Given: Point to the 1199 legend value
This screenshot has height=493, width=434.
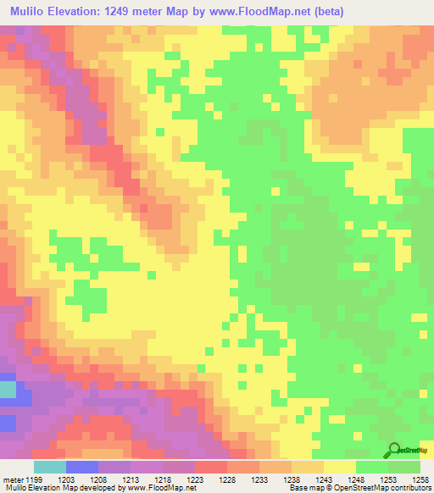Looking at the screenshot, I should click(33, 480).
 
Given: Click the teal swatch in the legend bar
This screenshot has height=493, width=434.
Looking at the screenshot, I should click(49, 467).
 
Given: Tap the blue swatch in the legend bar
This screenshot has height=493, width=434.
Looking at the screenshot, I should click(81, 467).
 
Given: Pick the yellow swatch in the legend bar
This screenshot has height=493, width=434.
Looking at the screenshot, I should click(339, 467).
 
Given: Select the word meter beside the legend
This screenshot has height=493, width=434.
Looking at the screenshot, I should click(12, 480).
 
